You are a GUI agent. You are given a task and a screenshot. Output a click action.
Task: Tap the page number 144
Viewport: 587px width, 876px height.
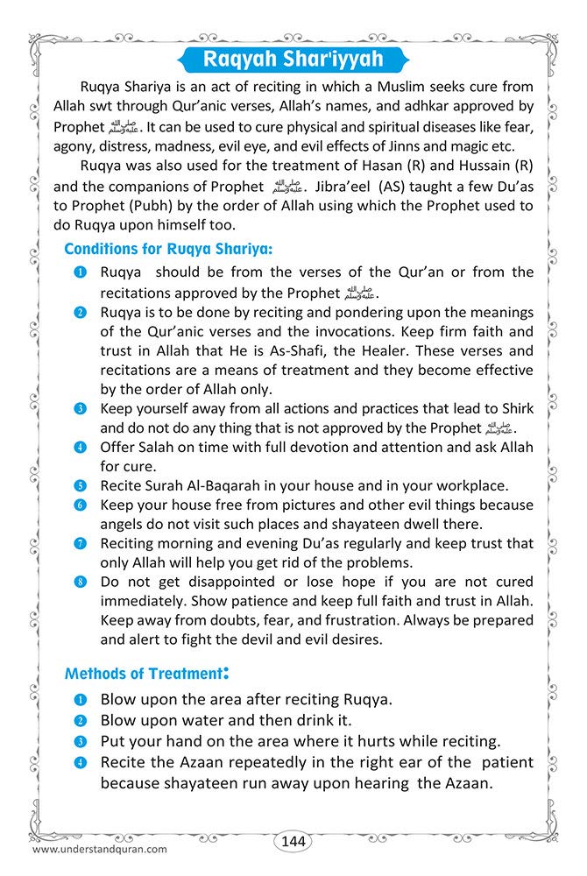click(x=293, y=841)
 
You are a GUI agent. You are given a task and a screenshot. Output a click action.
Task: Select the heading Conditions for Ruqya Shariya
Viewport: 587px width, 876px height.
click(x=168, y=249)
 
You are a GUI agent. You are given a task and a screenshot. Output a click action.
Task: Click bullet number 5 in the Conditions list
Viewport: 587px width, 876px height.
click(x=80, y=485)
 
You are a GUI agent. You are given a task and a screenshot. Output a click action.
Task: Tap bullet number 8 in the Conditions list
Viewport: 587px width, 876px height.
click(x=80, y=583)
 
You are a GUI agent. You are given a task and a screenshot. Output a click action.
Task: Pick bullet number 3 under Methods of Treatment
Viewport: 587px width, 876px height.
click(x=80, y=741)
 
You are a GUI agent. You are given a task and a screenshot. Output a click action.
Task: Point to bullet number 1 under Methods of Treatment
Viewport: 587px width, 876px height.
click(x=80, y=700)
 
